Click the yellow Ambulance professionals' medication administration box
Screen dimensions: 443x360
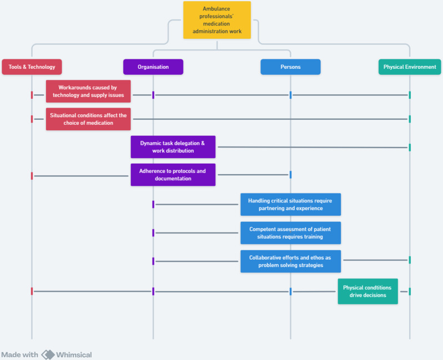click(217, 20)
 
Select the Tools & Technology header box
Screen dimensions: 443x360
click(32, 67)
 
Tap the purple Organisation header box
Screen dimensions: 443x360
click(153, 67)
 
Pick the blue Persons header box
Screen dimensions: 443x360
click(290, 67)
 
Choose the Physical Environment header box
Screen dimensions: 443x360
click(410, 67)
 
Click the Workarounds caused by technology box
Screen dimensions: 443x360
click(88, 91)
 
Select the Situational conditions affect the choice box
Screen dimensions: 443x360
click(88, 119)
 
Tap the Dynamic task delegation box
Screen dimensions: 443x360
click(173, 147)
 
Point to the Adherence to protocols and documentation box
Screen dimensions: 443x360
click(173, 175)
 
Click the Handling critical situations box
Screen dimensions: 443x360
click(290, 205)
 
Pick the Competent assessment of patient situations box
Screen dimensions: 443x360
click(290, 233)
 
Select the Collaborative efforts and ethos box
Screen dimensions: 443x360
click(290, 261)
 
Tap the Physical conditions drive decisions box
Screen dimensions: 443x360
click(368, 291)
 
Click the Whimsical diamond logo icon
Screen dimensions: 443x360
click(48, 354)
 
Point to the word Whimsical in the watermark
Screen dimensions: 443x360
click(74, 354)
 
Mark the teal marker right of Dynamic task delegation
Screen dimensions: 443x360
click(410, 148)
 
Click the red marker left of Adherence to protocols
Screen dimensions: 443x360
click(32, 176)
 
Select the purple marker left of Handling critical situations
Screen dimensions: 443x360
click(153, 204)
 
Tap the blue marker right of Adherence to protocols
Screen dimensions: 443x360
click(290, 175)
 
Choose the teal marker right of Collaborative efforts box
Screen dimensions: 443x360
click(410, 260)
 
